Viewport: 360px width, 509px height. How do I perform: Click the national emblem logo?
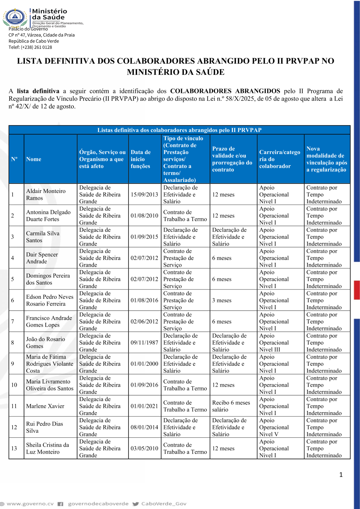click(15, 17)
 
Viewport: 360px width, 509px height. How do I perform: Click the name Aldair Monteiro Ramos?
click(46, 194)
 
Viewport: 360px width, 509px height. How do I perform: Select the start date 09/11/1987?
click(144, 343)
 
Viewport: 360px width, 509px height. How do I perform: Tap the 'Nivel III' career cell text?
click(274, 343)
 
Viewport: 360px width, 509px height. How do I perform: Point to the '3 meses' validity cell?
click(222, 300)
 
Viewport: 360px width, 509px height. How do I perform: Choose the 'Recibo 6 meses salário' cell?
click(231, 406)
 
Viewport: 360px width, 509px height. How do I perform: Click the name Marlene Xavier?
click(45, 406)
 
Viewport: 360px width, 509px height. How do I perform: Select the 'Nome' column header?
click(33, 159)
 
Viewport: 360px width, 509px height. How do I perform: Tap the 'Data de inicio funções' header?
click(140, 159)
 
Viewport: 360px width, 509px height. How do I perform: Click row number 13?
click(14, 449)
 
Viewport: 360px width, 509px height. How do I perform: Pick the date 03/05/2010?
click(144, 449)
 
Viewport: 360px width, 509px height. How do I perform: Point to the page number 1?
click(341, 475)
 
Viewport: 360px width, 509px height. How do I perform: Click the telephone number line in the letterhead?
click(30, 47)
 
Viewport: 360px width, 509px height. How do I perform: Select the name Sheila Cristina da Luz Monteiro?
click(48, 449)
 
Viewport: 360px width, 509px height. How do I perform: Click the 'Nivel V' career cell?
click(274, 427)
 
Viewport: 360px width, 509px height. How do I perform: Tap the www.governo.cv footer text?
click(30, 504)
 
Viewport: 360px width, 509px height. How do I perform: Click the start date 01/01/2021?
click(144, 406)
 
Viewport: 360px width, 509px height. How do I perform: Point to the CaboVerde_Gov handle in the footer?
click(163, 504)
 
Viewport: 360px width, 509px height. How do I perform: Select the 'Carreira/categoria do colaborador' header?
click(280, 159)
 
